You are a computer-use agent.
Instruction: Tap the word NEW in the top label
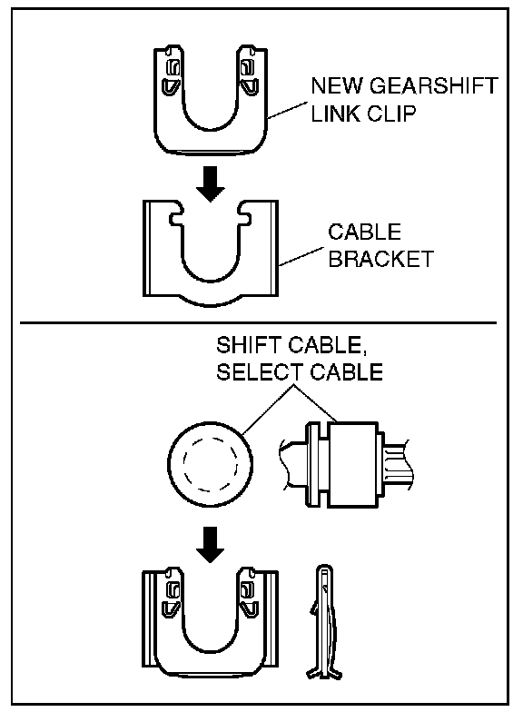tap(336, 85)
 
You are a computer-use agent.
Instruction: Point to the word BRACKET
tap(381, 259)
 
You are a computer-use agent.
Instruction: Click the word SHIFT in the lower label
tap(249, 345)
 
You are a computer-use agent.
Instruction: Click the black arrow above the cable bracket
tap(211, 183)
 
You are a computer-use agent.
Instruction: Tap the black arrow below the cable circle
tap(211, 545)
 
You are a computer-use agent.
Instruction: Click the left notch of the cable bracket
tap(176, 216)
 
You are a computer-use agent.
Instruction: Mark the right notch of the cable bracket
tap(243, 216)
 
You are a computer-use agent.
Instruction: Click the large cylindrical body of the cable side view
tap(353, 464)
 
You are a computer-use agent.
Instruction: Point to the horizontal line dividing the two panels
tap(258, 323)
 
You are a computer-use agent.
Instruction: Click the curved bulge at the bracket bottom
tap(211, 301)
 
